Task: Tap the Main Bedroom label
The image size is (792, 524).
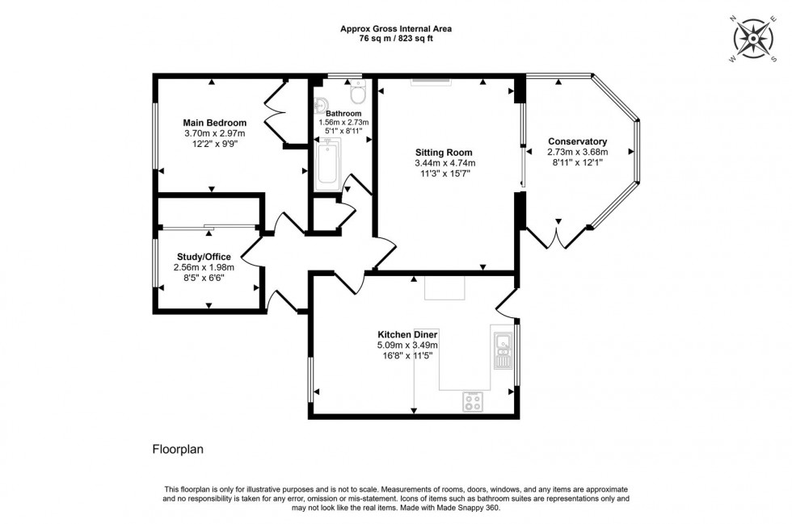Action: point(214,123)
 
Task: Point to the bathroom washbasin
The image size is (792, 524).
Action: point(322,103)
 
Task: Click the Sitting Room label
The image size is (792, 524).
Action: point(444,152)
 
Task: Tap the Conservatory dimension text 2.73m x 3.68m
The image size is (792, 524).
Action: point(577,152)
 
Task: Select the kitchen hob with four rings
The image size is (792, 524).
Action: point(474,400)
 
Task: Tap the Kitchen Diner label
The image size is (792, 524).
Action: point(407,334)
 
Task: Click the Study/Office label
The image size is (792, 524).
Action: point(203,257)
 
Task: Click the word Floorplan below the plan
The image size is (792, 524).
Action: point(178,449)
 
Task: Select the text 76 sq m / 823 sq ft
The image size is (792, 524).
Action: point(396,37)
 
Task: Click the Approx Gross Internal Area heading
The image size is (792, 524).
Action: point(396,28)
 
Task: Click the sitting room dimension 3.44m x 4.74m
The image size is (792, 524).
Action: point(444,162)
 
